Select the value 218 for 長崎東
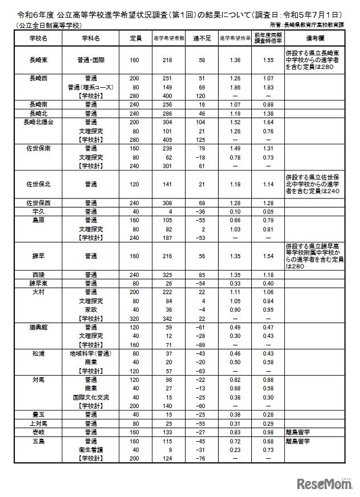pyautogui.click(x=166, y=59)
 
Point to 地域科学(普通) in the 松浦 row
pyautogui.click(x=90, y=353)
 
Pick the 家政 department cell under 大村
pyautogui.click(x=90, y=309)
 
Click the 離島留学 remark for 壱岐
pyautogui.click(x=299, y=433)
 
